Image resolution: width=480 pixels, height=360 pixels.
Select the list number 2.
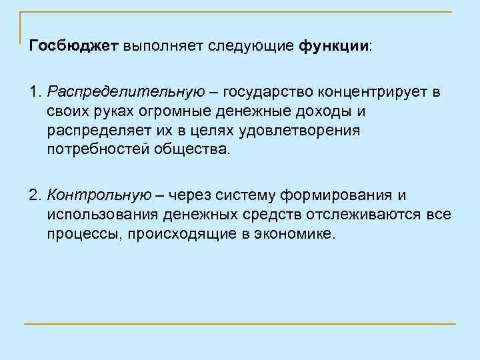pyautogui.click(x=35, y=195)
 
